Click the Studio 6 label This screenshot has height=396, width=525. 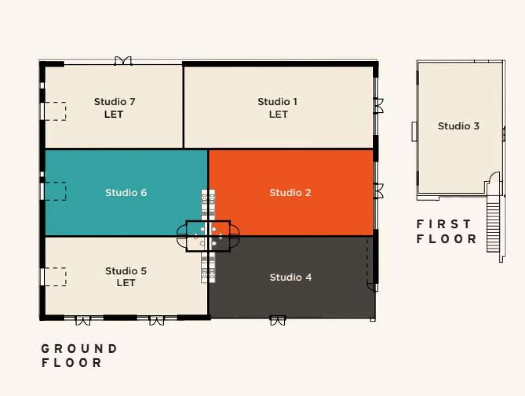click(x=126, y=193)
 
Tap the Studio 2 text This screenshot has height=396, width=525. click(x=290, y=193)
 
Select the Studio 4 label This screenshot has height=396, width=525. click(x=290, y=277)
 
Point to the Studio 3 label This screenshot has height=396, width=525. click(x=458, y=126)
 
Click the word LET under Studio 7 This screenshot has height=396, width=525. click(x=114, y=114)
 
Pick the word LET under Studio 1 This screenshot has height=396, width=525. click(x=278, y=114)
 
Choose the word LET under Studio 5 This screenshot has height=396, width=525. click(x=126, y=283)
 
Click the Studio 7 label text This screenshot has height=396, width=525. click(x=115, y=102)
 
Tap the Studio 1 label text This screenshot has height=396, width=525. click(x=277, y=102)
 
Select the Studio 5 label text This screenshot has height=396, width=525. click(x=126, y=271)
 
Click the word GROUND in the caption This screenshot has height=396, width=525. click(x=79, y=349)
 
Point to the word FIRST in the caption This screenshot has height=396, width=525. click(x=444, y=224)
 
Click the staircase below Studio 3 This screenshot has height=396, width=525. click(x=493, y=228)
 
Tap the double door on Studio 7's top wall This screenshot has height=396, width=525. click(x=123, y=61)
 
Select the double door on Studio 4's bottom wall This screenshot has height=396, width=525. click(x=277, y=320)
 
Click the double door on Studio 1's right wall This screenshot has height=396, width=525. click(x=378, y=105)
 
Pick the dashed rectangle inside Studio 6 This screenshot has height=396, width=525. click(x=56, y=191)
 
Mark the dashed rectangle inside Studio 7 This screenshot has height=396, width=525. click(x=56, y=111)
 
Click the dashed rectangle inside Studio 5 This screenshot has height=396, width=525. click(x=56, y=277)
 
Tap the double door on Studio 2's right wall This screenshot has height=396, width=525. click(x=378, y=191)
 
